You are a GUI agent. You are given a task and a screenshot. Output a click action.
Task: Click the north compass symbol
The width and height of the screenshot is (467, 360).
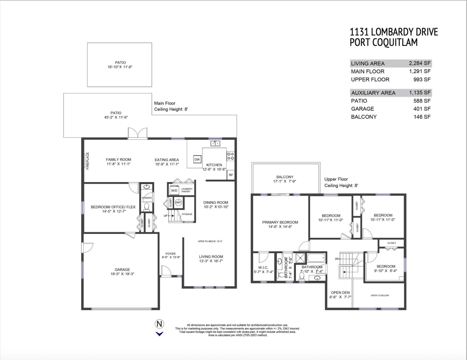click(159, 324)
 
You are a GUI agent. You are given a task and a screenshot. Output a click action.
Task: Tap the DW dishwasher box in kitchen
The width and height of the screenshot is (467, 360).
click(197, 160)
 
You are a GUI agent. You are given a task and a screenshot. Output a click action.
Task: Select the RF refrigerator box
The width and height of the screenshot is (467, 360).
click(231, 175)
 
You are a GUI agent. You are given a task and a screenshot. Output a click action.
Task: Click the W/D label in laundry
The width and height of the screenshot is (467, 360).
click(174, 191)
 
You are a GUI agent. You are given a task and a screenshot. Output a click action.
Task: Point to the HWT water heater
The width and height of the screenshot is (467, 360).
click(179, 203)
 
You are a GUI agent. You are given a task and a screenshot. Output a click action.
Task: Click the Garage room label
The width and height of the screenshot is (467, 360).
click(122, 269)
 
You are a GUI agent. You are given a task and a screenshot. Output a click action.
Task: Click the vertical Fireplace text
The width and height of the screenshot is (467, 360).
click(88, 161)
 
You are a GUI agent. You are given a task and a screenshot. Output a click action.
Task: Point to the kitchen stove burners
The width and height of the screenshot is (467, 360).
click(230, 156)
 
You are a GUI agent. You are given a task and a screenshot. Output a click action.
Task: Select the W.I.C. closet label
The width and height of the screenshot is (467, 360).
click(263, 267)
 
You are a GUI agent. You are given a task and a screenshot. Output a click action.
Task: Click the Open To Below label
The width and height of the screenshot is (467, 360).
click(380, 295)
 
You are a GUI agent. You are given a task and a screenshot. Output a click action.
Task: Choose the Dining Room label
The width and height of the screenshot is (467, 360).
click(216, 202)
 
